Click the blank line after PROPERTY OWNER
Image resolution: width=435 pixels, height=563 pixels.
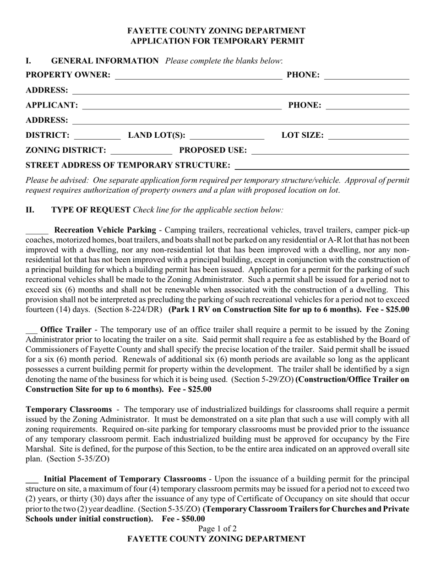(x=198, y=76)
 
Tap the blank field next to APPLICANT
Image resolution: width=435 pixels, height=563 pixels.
(x=182, y=106)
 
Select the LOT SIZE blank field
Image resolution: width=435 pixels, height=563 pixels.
(x=368, y=136)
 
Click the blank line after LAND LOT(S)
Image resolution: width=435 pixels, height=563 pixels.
(x=227, y=136)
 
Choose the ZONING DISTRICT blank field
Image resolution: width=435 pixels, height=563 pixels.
(x=141, y=151)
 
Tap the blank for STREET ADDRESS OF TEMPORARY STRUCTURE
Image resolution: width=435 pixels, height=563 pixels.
(x=321, y=166)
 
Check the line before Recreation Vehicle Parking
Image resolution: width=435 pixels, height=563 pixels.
(x=37, y=231)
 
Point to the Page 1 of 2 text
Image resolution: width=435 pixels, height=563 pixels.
(x=217, y=529)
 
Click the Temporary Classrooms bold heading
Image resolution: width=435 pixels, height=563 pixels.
(x=69, y=409)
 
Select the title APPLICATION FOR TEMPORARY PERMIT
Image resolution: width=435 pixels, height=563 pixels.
(x=217, y=41)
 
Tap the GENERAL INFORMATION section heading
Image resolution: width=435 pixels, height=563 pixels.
(x=105, y=61)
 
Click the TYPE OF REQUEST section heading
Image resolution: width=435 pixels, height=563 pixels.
(x=91, y=210)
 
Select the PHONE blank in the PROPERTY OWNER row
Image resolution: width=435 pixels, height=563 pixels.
(x=366, y=76)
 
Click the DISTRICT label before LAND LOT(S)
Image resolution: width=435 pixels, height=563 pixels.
(x=48, y=135)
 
